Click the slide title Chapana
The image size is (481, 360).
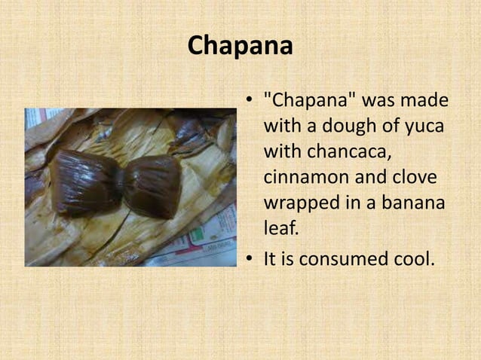pos(240,45)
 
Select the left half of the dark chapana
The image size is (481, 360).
pos(83,181)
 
